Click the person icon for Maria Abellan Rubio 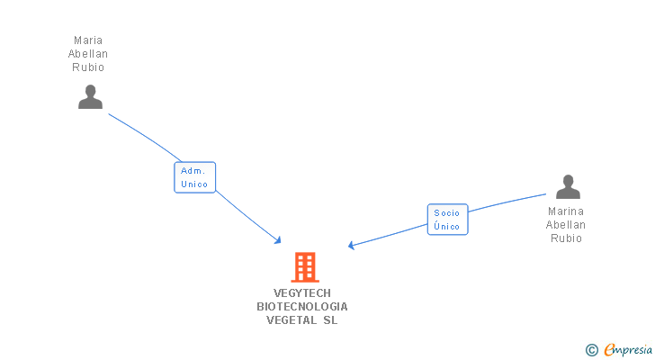pyautogui.click(x=90, y=96)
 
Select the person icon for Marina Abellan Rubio pyautogui.click(x=568, y=186)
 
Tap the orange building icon pyautogui.click(x=305, y=267)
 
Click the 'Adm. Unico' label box pyautogui.click(x=194, y=177)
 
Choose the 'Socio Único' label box pyautogui.click(x=447, y=220)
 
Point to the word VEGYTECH pyautogui.click(x=302, y=292)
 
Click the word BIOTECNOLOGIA pyautogui.click(x=302, y=306)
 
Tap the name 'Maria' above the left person pyautogui.click(x=87, y=40)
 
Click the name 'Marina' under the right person pyautogui.click(x=566, y=211)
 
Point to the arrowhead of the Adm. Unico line pyautogui.click(x=278, y=240)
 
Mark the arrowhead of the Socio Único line pyautogui.click(x=352, y=246)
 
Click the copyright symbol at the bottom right pyautogui.click(x=591, y=349)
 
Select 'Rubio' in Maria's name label pyautogui.click(x=87, y=67)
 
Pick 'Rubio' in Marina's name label pyautogui.click(x=566, y=238)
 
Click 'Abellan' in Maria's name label pyautogui.click(x=87, y=54)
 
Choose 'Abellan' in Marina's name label pyautogui.click(x=566, y=225)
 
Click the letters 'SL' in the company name pyautogui.click(x=330, y=319)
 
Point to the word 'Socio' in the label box pyautogui.click(x=447, y=213)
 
